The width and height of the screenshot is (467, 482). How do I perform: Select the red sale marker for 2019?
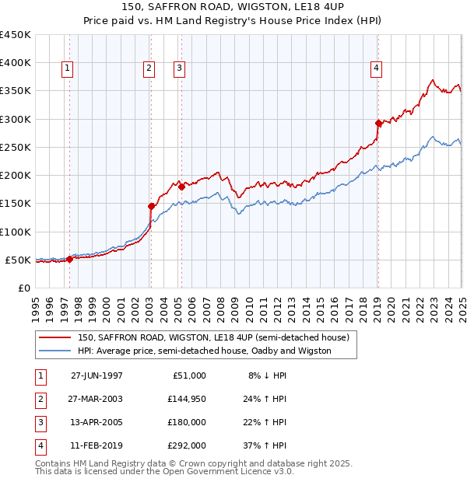(x=378, y=123)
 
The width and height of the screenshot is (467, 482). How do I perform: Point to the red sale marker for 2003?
(x=152, y=206)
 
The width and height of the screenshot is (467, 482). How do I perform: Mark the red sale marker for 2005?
(x=181, y=187)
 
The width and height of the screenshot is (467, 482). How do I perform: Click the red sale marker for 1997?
(x=70, y=259)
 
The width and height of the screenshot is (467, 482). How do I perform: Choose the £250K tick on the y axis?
(x=16, y=147)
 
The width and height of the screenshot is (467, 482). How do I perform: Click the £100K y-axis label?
(x=16, y=232)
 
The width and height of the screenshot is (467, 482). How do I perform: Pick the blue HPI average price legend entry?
(x=204, y=351)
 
